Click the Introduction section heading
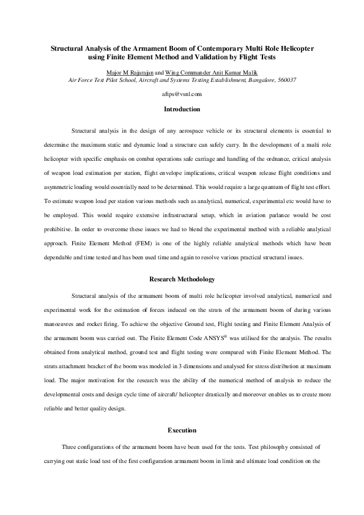pyautogui.click(x=182, y=109)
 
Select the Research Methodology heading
pyautogui.click(x=182, y=280)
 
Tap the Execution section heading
pyautogui.click(x=182, y=430)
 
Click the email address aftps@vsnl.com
pyautogui.click(x=182, y=94)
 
